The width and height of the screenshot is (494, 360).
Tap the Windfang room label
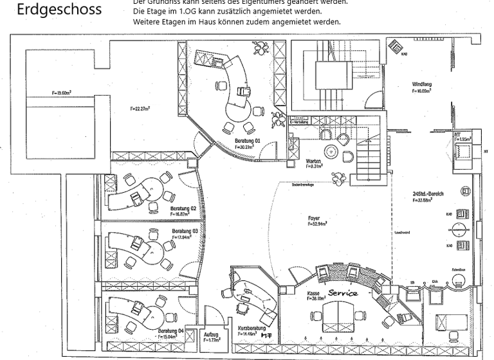[422, 84]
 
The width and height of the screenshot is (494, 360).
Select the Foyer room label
[314, 219]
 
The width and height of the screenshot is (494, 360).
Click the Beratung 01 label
[247, 141]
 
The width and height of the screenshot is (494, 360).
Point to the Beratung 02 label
[183, 208]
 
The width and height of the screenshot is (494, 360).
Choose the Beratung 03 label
[185, 231]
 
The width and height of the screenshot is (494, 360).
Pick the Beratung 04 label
[171, 330]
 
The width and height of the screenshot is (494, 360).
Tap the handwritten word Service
[342, 293]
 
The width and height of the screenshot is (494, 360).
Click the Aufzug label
[211, 334]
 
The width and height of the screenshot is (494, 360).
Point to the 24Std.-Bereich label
[428, 193]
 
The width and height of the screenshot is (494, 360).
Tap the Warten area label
[313, 161]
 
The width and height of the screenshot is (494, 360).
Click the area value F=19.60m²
[62, 94]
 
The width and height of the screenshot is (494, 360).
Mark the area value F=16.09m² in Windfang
[422, 91]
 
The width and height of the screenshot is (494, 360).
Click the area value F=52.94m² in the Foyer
[317, 224]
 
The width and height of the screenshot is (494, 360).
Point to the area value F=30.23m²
[246, 147]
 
